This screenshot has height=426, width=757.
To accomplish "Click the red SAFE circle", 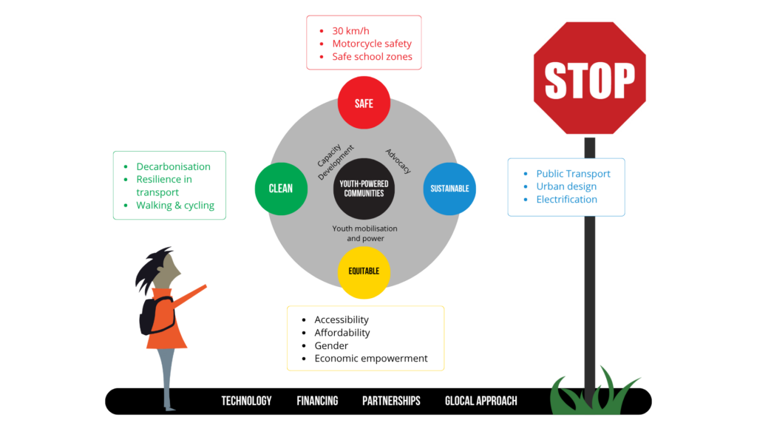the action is [x=364, y=103].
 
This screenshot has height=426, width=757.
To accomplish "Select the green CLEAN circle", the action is [x=281, y=189].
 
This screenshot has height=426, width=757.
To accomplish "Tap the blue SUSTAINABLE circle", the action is [x=449, y=189].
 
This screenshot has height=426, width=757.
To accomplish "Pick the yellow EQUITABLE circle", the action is [x=364, y=272].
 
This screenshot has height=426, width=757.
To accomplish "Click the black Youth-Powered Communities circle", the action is [x=364, y=189].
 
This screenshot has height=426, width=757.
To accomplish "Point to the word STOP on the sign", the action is [x=589, y=80].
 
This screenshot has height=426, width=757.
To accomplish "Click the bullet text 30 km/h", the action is [x=350, y=31].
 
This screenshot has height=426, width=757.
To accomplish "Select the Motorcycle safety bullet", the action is [x=372, y=44].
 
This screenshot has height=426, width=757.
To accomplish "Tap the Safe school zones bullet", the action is [x=373, y=56].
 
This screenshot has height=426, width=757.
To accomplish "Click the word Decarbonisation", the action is [x=173, y=166].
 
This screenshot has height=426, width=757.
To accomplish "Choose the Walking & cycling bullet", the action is [x=175, y=206].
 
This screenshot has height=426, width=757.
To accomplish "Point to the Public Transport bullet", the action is [x=573, y=174].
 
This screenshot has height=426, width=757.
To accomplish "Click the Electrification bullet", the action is [x=567, y=200].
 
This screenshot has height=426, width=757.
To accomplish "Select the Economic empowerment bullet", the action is [x=371, y=359].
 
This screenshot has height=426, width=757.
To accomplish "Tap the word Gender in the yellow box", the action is [x=331, y=346].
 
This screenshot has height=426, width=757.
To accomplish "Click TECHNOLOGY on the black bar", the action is [x=246, y=401].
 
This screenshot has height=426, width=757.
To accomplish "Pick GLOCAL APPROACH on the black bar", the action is [x=481, y=401].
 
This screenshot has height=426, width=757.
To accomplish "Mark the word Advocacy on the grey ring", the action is [x=398, y=160].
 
